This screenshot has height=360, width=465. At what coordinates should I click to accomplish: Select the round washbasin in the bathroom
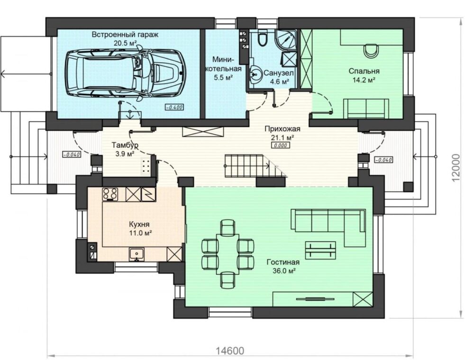coord(255,74)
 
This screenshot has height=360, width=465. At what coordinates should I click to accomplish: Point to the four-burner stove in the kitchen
coord(110,194)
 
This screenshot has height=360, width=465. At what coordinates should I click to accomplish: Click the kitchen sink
coord(137,254)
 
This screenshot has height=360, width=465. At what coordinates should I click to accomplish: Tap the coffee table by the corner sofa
coord(320,250)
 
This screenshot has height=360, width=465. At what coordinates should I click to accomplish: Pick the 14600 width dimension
coord(230,351)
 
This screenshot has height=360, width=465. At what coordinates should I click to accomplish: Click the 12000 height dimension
coord(457,167)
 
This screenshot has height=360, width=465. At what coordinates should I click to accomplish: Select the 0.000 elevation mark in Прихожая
coord(281,145)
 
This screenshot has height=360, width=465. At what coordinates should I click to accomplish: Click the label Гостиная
coord(283,262)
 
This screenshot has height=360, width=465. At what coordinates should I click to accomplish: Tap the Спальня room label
coord(364,71)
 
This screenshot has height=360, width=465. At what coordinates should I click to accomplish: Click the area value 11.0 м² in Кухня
coord(141,233)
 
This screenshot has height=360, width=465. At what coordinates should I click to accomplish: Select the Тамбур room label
coord(125,145)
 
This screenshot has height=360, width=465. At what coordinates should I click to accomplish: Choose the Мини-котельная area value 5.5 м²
coord(223,78)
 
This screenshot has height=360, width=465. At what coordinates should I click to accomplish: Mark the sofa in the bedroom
coord(366,109)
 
